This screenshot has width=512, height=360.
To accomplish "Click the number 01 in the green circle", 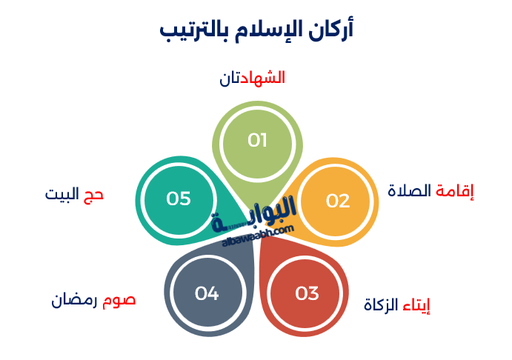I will click(x=257, y=141).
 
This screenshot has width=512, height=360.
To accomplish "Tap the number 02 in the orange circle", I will click(x=338, y=201).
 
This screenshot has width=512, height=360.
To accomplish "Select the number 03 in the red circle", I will click(x=306, y=293).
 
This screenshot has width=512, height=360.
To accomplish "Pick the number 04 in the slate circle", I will click(x=207, y=293).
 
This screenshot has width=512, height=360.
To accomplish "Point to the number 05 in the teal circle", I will click(x=179, y=199).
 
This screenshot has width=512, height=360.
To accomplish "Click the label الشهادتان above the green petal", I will click(x=253, y=78).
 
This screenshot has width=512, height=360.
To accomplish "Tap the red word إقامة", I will click(x=454, y=191).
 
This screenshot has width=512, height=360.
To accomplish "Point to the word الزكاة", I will click(x=381, y=304).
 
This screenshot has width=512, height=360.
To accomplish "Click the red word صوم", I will click(x=120, y=300).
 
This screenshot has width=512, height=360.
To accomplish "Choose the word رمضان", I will click(x=76, y=300).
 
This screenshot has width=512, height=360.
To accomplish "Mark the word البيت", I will click(x=61, y=195).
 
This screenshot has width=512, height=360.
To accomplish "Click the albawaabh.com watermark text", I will click(x=259, y=235).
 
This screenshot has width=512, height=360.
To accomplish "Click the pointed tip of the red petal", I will click(x=262, y=239).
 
